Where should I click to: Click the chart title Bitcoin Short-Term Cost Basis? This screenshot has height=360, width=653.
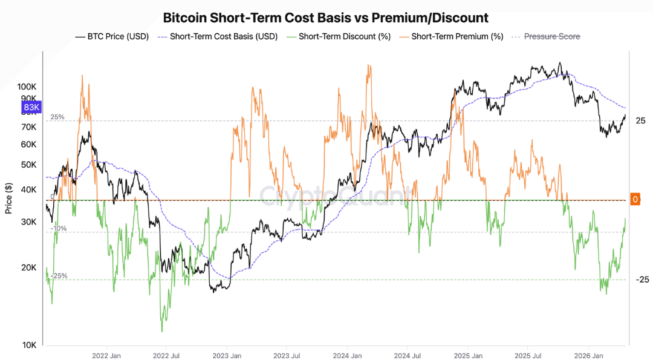coord(325,18)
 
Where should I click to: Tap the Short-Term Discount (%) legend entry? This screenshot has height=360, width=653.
coord(339,37)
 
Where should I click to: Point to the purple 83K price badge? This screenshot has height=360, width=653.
coord(30,109)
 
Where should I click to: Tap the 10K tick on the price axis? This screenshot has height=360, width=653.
coord(30,345)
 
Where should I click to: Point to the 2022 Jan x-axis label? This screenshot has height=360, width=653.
coord(106,356)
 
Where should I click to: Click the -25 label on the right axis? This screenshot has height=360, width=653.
coord(642,280)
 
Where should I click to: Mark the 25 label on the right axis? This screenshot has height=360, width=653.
coord(640,121)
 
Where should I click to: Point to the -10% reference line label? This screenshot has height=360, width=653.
coord(59,229)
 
